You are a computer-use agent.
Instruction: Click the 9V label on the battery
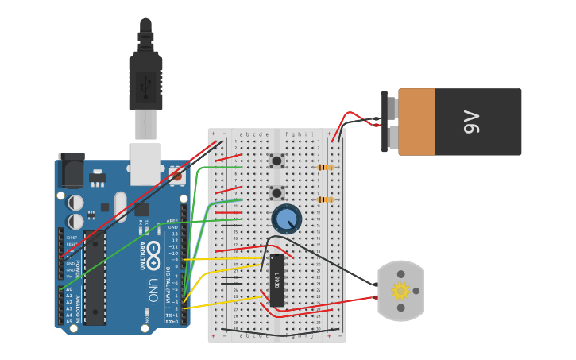click(x=472, y=122)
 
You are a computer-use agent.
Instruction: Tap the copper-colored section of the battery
click(x=416, y=122)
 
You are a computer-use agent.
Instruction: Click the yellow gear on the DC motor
click(x=400, y=291)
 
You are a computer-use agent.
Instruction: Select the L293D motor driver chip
click(x=277, y=280)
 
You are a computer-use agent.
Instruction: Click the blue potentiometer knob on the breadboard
click(x=286, y=219)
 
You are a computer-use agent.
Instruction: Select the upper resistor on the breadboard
click(x=324, y=168)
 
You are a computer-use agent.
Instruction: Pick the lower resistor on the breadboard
click(x=324, y=199)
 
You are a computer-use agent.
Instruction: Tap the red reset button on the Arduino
click(x=176, y=173)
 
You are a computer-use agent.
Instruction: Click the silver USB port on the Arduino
click(x=146, y=163)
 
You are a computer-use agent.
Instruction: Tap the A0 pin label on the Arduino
click(x=68, y=289)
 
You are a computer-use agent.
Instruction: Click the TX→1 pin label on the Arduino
click(x=171, y=315)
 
